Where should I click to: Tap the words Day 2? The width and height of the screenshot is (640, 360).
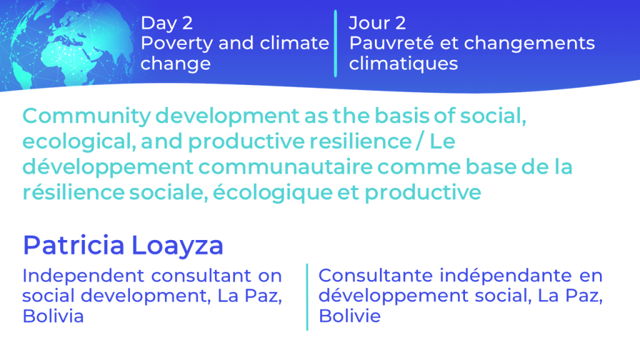pyautogui.click(x=166, y=24)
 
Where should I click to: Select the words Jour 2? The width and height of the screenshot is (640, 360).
pyautogui.click(x=377, y=23)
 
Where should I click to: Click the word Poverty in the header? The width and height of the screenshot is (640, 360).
pyautogui.click(x=176, y=44)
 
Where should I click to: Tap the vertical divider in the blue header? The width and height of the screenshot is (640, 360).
pyautogui.click(x=336, y=43)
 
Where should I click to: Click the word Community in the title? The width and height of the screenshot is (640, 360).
pyautogui.click(x=86, y=116)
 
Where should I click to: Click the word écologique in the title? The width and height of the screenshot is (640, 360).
pyautogui.click(x=272, y=192)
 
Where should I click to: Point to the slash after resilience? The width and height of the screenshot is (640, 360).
pyautogui.click(x=419, y=142)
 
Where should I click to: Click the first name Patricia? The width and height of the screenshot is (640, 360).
pyautogui.click(x=74, y=245)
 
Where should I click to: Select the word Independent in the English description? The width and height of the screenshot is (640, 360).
pyautogui.click(x=83, y=276)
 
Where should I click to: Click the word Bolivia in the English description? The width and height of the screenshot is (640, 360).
pyautogui.click(x=53, y=316)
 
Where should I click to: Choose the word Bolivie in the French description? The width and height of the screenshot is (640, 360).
pyautogui.click(x=350, y=316)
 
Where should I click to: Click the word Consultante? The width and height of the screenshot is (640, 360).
pyautogui.click(x=376, y=276)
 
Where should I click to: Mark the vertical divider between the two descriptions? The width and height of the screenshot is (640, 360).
pyautogui.click(x=307, y=297)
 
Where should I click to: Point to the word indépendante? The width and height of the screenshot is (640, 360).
pyautogui.click(x=506, y=276)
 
